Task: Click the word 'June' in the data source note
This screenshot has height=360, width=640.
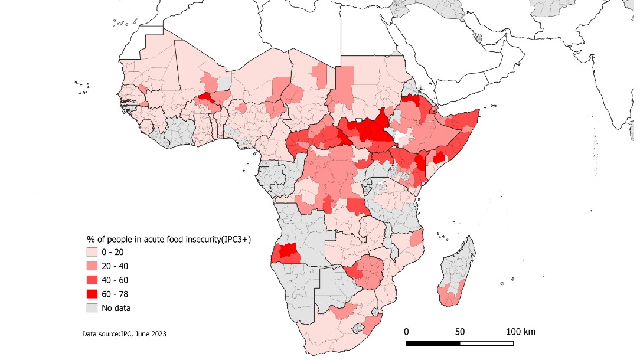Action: click(x=143, y=335)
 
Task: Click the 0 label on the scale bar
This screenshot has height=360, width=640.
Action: click(x=406, y=332)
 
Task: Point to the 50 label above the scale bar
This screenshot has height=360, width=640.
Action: click(x=460, y=332)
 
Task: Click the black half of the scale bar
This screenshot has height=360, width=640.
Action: click(x=433, y=343)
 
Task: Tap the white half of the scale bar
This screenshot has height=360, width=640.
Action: click(x=486, y=343)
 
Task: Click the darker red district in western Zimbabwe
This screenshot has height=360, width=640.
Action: click(x=356, y=272)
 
